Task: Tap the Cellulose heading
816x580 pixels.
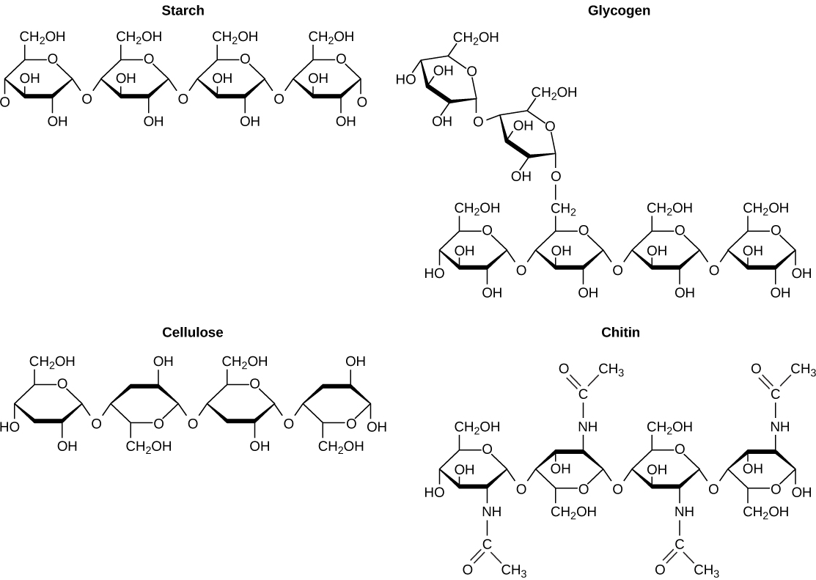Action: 193,332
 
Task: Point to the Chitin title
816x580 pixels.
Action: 620,332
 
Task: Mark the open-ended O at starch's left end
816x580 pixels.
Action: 4,103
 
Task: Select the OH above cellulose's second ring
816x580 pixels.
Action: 163,361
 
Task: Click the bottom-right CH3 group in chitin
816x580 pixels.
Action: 706,570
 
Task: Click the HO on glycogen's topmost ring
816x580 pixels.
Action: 405,78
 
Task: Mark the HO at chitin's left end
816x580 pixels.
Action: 434,492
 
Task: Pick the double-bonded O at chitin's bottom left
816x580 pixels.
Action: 467,569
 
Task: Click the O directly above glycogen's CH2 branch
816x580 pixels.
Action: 556,177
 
